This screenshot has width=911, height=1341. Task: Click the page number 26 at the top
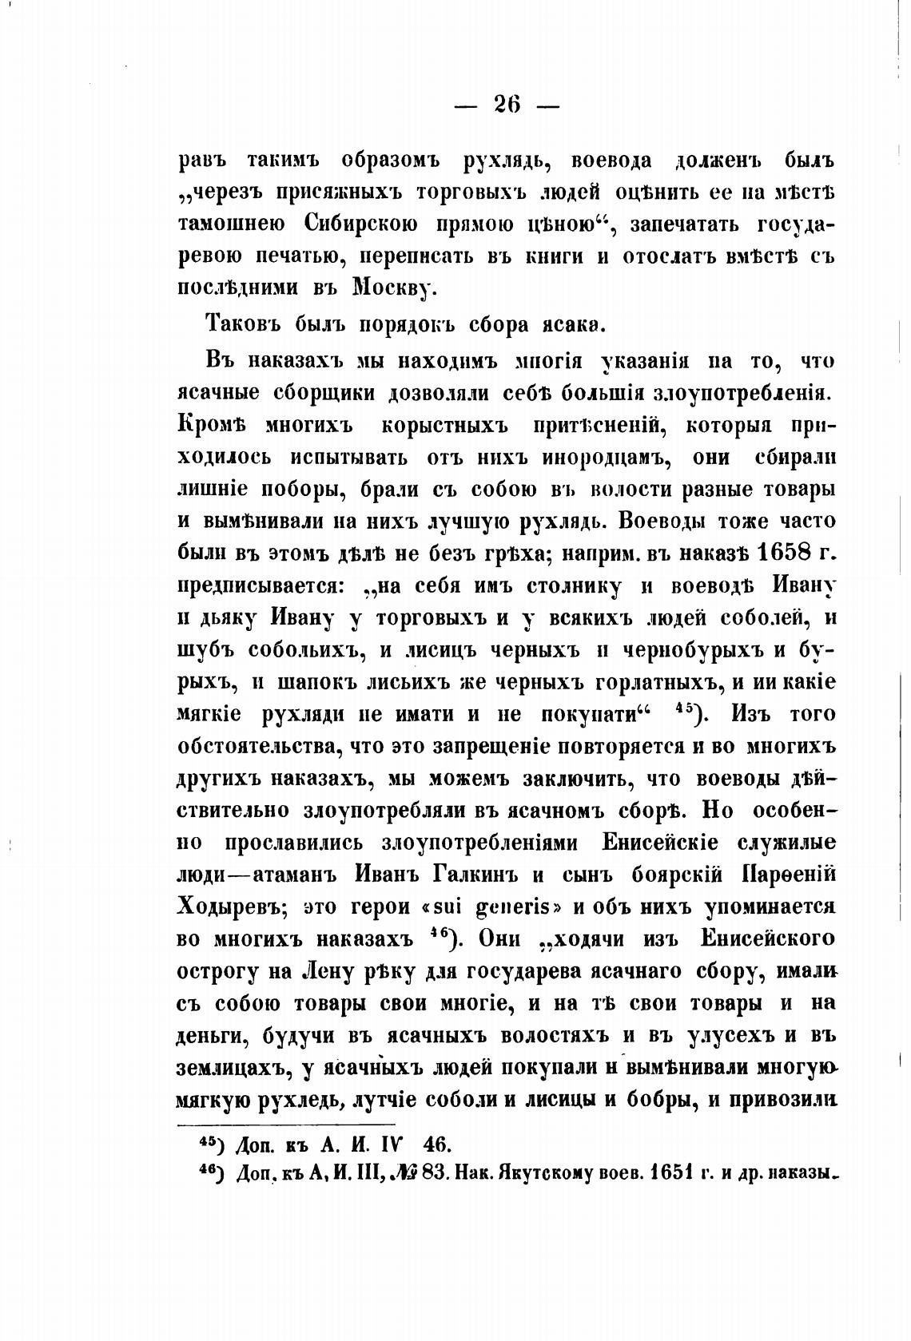[x=507, y=104]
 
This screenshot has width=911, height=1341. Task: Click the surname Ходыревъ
[x=226, y=906]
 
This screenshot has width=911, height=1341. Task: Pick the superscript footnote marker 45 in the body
[x=682, y=711]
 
